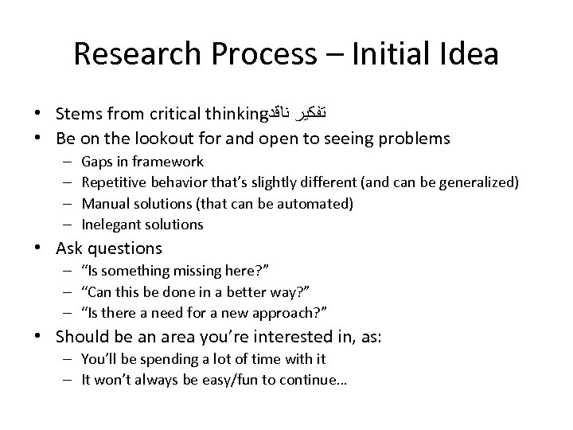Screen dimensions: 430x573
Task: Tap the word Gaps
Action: point(97,162)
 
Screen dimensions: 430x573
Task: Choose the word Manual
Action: point(104,204)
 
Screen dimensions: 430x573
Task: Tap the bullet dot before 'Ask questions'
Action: point(45,249)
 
